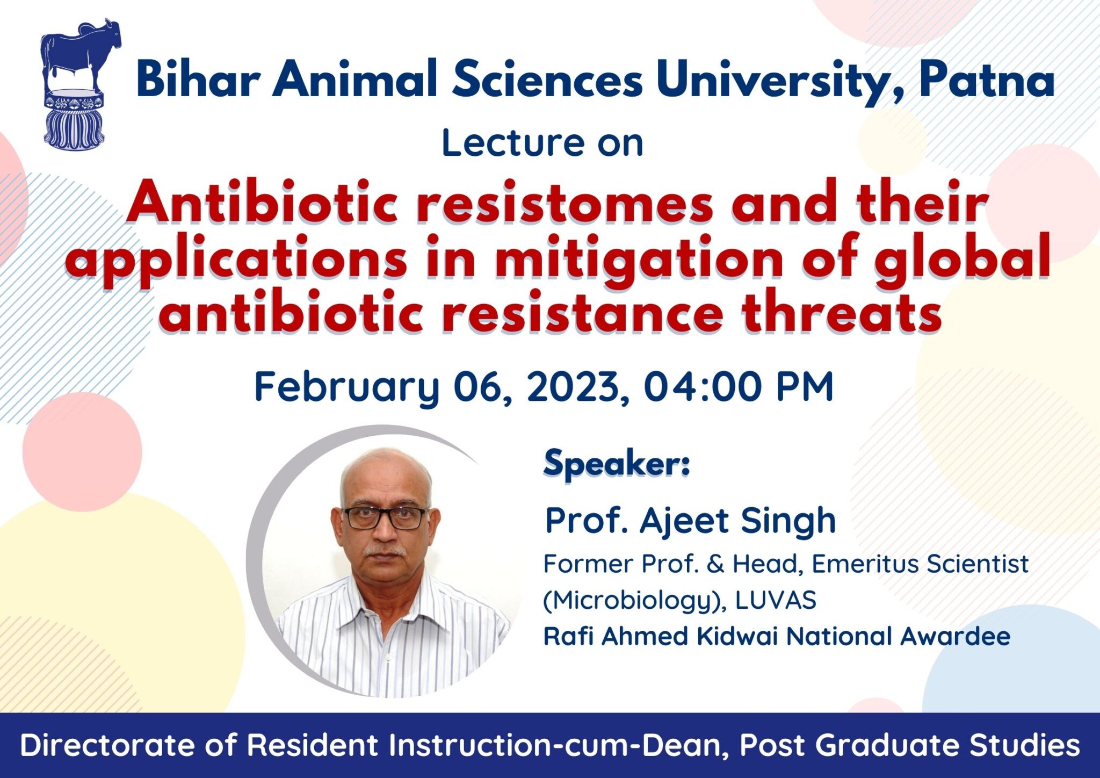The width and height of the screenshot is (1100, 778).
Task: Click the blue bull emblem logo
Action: coord(81,84)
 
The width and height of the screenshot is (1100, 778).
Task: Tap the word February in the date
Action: coord(347,387)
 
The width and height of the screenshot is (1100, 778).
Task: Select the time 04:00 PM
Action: coord(739,386)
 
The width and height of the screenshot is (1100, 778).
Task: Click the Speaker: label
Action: coord(617,464)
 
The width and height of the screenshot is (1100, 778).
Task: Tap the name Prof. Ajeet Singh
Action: coord(691,521)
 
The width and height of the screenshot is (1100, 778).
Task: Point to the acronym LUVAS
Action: coord(776,600)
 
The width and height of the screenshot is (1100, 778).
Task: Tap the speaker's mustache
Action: coord(385,551)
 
